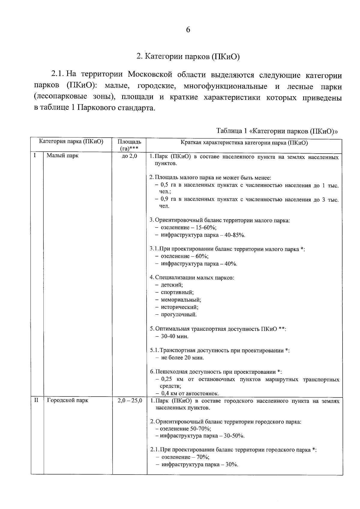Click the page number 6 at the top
click(x=188, y=30)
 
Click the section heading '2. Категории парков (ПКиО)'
click(x=188, y=57)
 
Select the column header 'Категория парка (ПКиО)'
click(x=71, y=142)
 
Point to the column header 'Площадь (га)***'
click(x=129, y=145)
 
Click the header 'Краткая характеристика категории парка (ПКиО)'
click(x=244, y=143)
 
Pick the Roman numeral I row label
click(x=35, y=155)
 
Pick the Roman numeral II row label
click(x=36, y=400)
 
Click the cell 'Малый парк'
click(x=62, y=156)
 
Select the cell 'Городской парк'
click(x=67, y=400)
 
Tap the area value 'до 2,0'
click(x=130, y=156)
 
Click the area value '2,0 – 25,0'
click(x=130, y=400)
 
